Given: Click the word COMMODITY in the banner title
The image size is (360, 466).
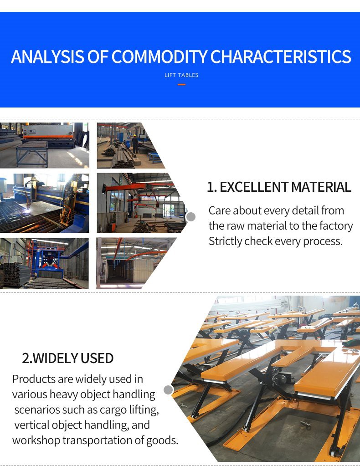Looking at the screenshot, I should coord(159,57).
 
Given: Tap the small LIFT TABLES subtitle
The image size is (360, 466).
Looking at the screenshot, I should coord(181,75).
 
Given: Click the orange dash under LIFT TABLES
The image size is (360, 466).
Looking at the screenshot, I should coord(181,84).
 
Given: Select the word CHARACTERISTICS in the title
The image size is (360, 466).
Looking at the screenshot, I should coord(280,57).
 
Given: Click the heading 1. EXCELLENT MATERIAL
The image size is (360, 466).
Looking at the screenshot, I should coord(279,187).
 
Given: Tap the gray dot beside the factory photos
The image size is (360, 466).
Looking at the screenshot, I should coord(191,217).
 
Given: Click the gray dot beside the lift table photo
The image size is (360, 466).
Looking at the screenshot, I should coord(168,390).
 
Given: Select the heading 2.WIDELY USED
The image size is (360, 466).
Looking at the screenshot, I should coord(67,358).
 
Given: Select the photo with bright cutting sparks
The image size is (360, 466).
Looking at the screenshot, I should coord(44,203).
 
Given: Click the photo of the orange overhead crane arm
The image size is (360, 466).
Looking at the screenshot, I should coord(137,203).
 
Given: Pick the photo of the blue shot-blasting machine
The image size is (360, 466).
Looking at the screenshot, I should coord(44,263).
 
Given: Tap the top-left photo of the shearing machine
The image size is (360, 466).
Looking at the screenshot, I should coord(44,145).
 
